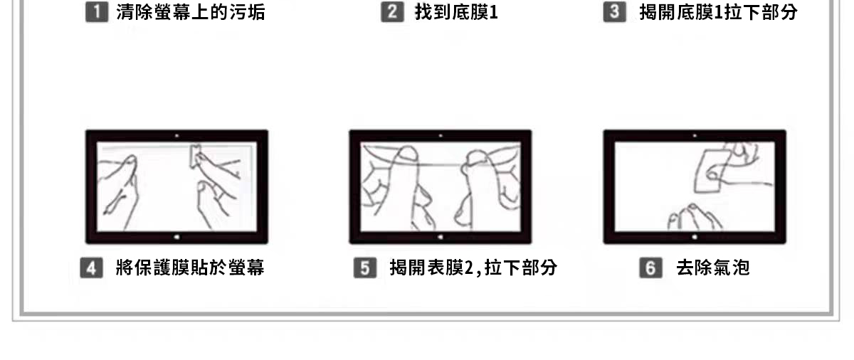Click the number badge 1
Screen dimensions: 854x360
click(x=97, y=12)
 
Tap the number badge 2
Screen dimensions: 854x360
click(x=392, y=12)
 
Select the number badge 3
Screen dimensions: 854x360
click(x=615, y=12)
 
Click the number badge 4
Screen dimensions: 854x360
click(x=92, y=268)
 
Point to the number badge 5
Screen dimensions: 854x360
click(x=365, y=268)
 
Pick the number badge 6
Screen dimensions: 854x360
click(x=650, y=268)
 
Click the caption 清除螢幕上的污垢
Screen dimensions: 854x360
click(x=191, y=12)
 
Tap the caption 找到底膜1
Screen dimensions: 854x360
click(x=456, y=12)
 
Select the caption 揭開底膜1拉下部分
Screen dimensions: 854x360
click(x=719, y=12)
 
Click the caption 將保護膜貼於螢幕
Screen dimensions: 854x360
click(x=190, y=268)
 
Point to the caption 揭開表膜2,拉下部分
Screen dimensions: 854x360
click(x=473, y=268)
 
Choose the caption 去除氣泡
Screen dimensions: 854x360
click(x=713, y=268)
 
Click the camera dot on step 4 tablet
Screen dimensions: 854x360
click(x=176, y=136)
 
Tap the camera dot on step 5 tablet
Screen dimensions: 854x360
click(x=441, y=136)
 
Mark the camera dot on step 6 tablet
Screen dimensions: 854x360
click(x=695, y=136)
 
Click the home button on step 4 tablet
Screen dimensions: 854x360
click(x=177, y=237)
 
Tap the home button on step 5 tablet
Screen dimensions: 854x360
click(x=441, y=237)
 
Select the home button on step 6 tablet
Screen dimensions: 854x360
click(x=695, y=237)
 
